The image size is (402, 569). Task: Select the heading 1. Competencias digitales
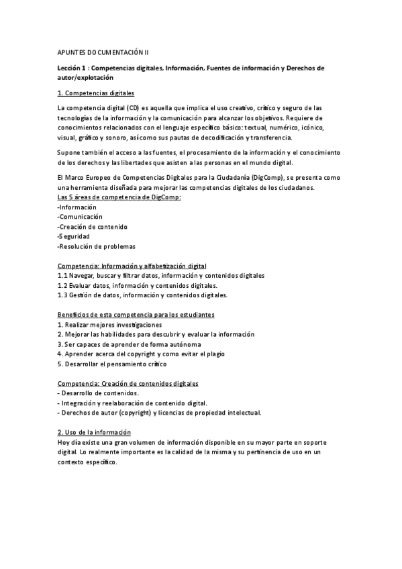96,93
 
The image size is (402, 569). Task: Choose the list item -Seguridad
75,236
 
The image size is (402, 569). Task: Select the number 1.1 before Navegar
62,276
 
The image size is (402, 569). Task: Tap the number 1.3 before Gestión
62,295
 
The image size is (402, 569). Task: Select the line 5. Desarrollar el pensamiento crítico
112,364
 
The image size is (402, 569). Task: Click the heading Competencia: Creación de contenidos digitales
128,383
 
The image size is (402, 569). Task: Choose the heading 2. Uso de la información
94,432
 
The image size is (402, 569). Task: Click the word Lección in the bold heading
70,68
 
